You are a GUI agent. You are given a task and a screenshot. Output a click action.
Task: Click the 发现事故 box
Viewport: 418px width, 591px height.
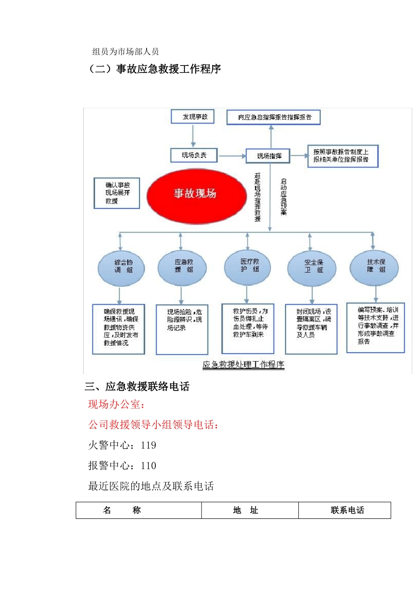click(192, 117)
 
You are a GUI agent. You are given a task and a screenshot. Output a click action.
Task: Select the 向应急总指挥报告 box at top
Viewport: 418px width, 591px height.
click(273, 117)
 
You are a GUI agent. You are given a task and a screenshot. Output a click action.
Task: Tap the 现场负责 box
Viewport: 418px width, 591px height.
click(194, 155)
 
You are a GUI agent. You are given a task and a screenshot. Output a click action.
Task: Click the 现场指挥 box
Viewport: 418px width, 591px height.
click(268, 156)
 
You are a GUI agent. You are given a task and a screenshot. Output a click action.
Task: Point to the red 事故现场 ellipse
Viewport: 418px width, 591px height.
click(196, 193)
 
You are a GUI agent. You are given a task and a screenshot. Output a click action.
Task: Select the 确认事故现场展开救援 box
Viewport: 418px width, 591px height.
click(117, 193)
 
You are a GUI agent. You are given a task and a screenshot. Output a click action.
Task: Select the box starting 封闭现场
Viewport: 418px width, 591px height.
click(311, 328)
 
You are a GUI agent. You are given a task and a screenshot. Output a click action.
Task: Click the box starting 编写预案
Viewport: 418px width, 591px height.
click(375, 328)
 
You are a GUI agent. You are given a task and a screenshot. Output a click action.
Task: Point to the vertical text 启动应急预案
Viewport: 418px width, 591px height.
click(284, 197)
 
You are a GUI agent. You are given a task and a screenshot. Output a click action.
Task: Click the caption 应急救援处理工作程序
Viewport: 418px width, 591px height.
click(243, 365)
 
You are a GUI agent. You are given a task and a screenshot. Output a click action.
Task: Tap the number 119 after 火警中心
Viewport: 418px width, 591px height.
click(148, 445)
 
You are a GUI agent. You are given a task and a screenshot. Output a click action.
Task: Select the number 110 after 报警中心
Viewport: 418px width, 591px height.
click(148, 466)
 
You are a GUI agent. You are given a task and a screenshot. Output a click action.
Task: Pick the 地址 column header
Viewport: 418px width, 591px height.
click(246, 510)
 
